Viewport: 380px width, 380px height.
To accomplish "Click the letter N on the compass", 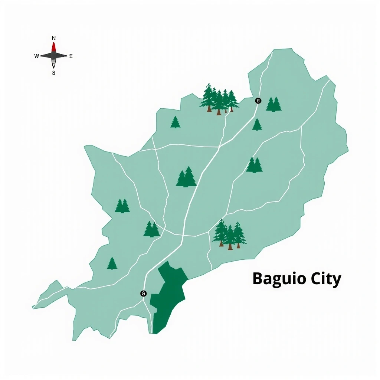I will pyautogui.click(x=54, y=38).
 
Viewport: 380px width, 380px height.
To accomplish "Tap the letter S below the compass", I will pyautogui.click(x=53, y=73).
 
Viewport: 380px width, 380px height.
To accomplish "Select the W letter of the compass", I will pyautogui.click(x=36, y=56).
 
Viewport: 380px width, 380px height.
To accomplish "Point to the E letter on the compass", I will pyautogui.click(x=71, y=56).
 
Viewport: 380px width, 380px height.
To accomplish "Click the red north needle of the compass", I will pyautogui.click(x=54, y=47).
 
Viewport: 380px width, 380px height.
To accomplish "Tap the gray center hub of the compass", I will pyautogui.click(x=54, y=56).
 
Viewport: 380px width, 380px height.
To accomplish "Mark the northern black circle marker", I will pyautogui.click(x=258, y=101).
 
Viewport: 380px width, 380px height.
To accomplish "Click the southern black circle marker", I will pyautogui.click(x=144, y=294).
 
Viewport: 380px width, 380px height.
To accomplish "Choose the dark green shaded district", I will pyautogui.click(x=169, y=297).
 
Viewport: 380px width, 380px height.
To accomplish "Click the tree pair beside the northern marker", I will pyautogui.click(x=273, y=104).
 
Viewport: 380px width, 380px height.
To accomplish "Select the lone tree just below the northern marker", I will pyautogui.click(x=257, y=125).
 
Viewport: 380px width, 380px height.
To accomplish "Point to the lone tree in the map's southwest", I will pyautogui.click(x=112, y=263).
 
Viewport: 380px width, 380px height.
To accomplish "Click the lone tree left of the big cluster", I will pyautogui.click(x=175, y=122).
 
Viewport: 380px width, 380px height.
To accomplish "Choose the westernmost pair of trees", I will pyautogui.click(x=122, y=206).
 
